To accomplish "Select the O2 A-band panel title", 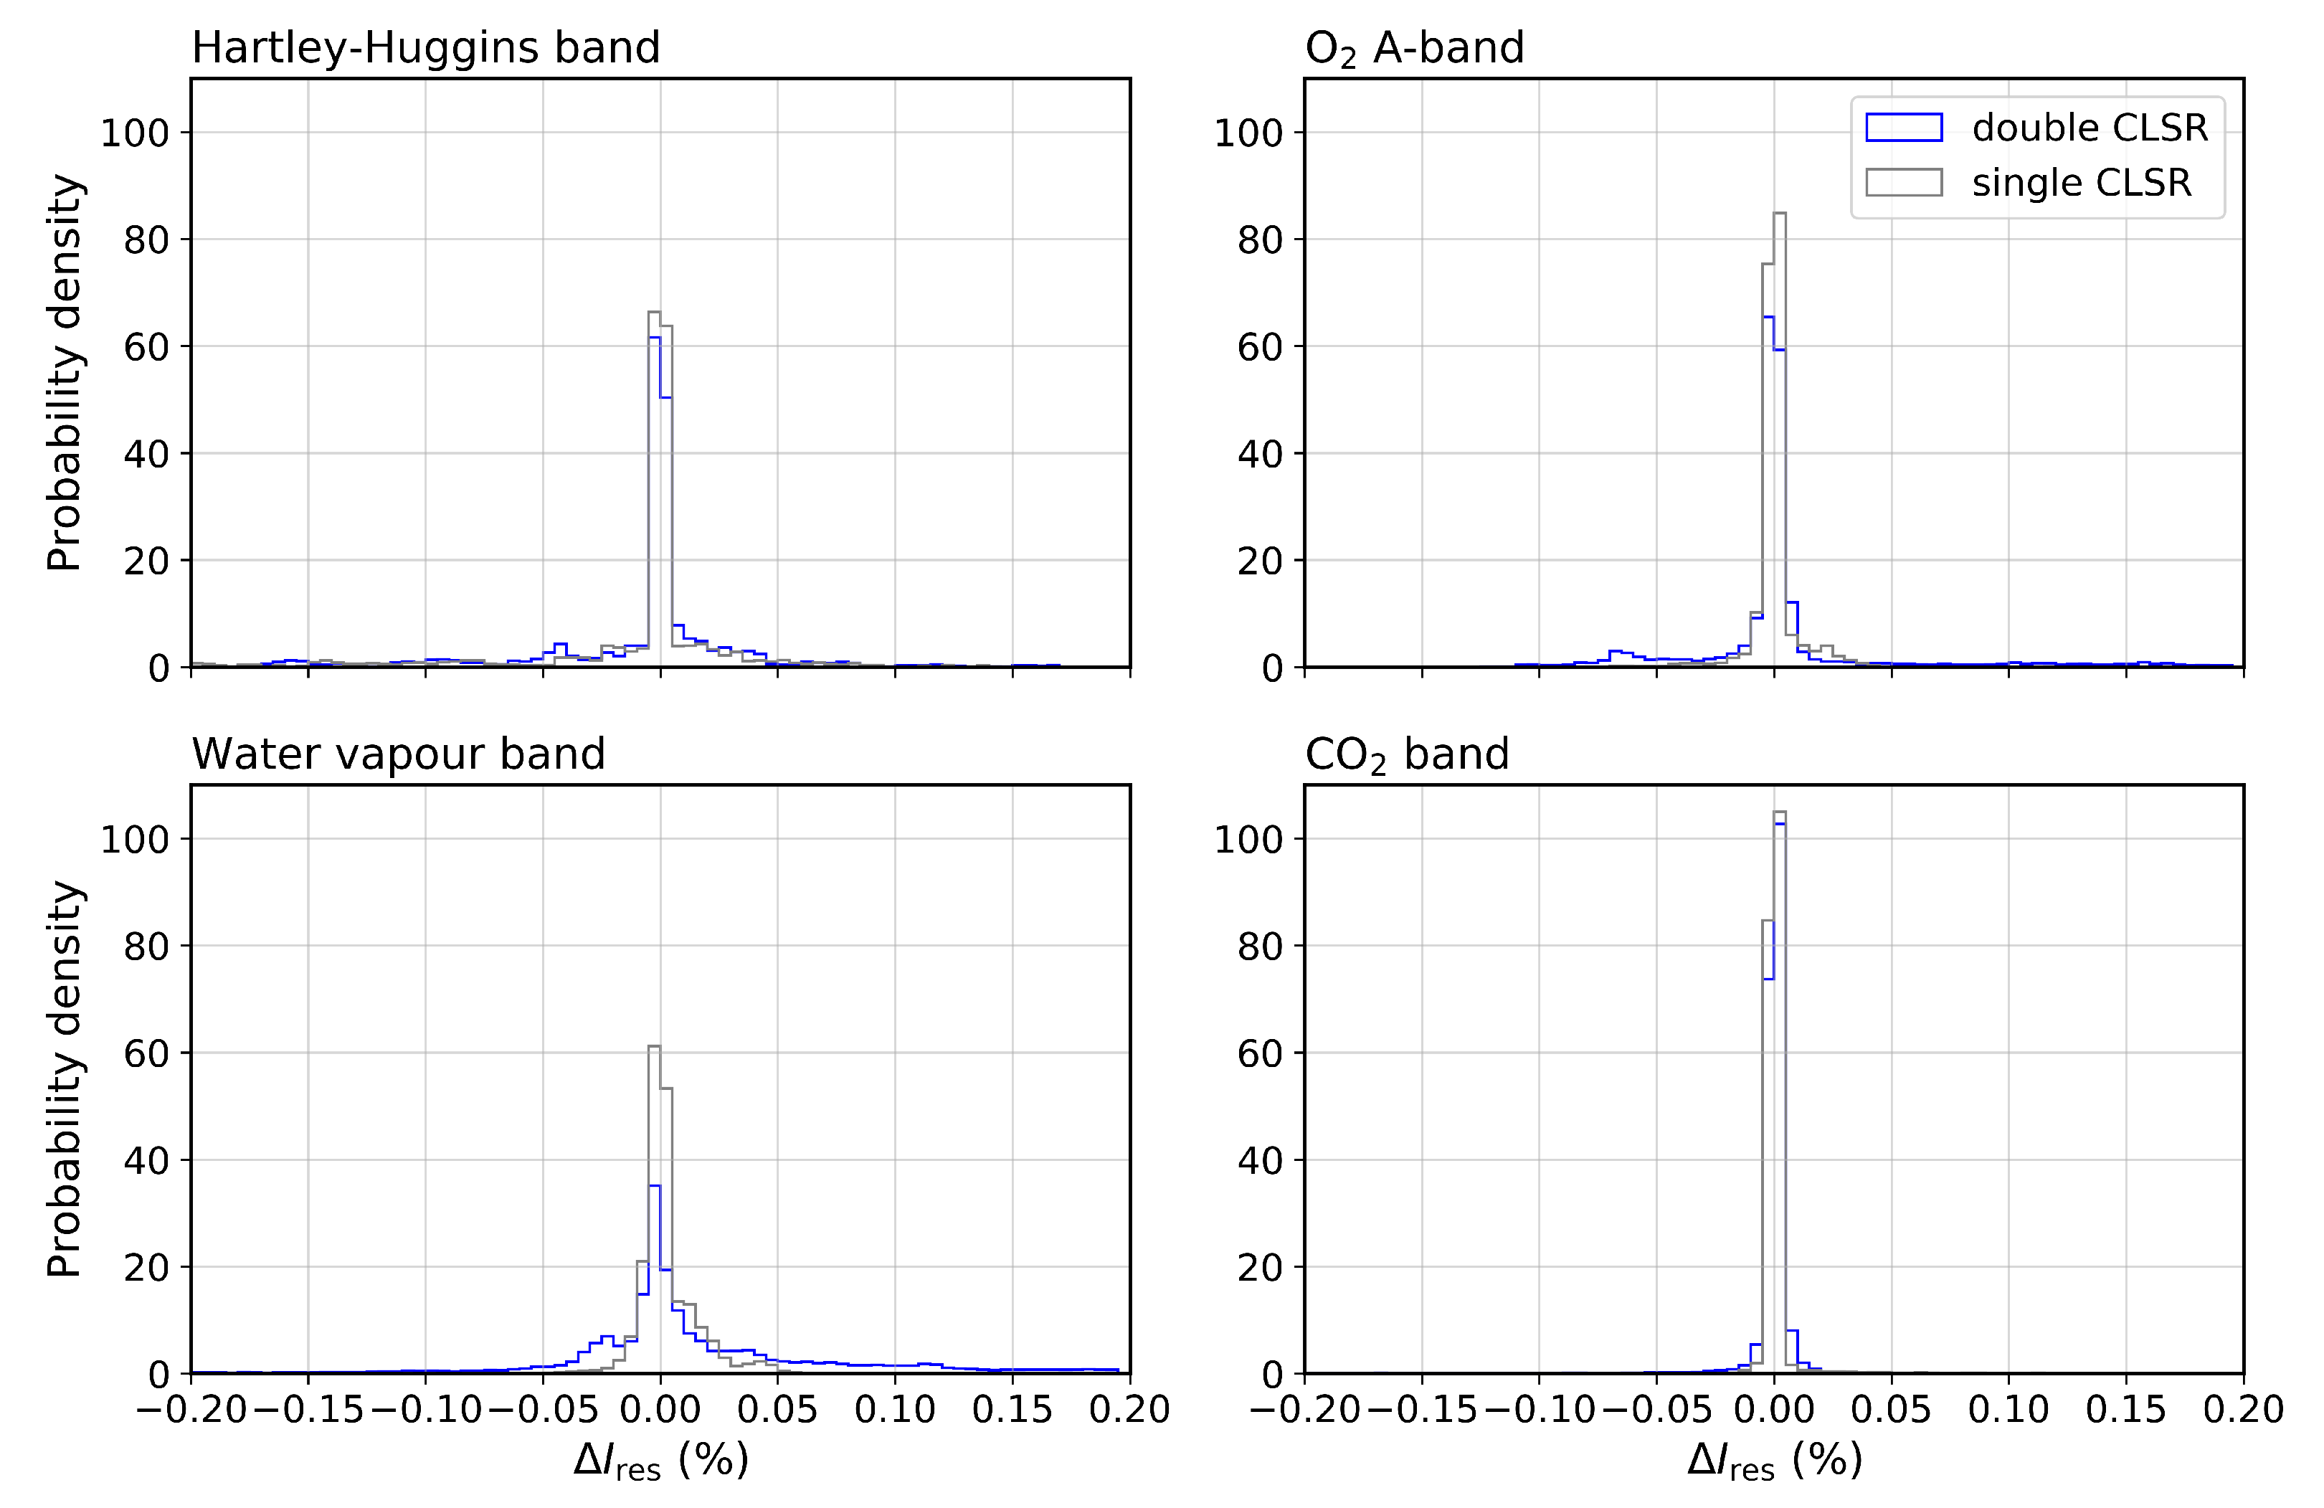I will pyautogui.click(x=1414, y=47).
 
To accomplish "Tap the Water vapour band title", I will pyautogui.click(x=399, y=754).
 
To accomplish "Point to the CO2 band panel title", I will pyautogui.click(x=1406, y=754).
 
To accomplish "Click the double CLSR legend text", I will pyautogui.click(x=2090, y=128).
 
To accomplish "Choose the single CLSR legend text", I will pyautogui.click(x=2081, y=183).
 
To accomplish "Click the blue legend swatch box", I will pyautogui.click(x=1903, y=128).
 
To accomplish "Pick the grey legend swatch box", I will pyautogui.click(x=1903, y=183).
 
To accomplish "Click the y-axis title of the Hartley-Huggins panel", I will pyautogui.click(x=65, y=373).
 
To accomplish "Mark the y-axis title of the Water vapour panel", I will pyautogui.click(x=65, y=1079).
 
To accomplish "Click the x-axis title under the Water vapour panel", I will pyautogui.click(x=661, y=1461).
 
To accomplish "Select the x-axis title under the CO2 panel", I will pyautogui.click(x=1774, y=1461).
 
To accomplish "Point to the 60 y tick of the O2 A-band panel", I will pyautogui.click(x=1260, y=347).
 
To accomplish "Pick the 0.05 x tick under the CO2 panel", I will pyautogui.click(x=1892, y=1409).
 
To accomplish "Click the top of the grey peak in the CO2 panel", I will pyautogui.click(x=1780, y=812).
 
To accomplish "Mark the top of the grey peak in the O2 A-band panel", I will pyautogui.click(x=1780, y=213).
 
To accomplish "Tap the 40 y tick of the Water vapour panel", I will pyautogui.click(x=146, y=1160).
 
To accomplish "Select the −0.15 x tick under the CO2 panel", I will pyautogui.click(x=1422, y=1409).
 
